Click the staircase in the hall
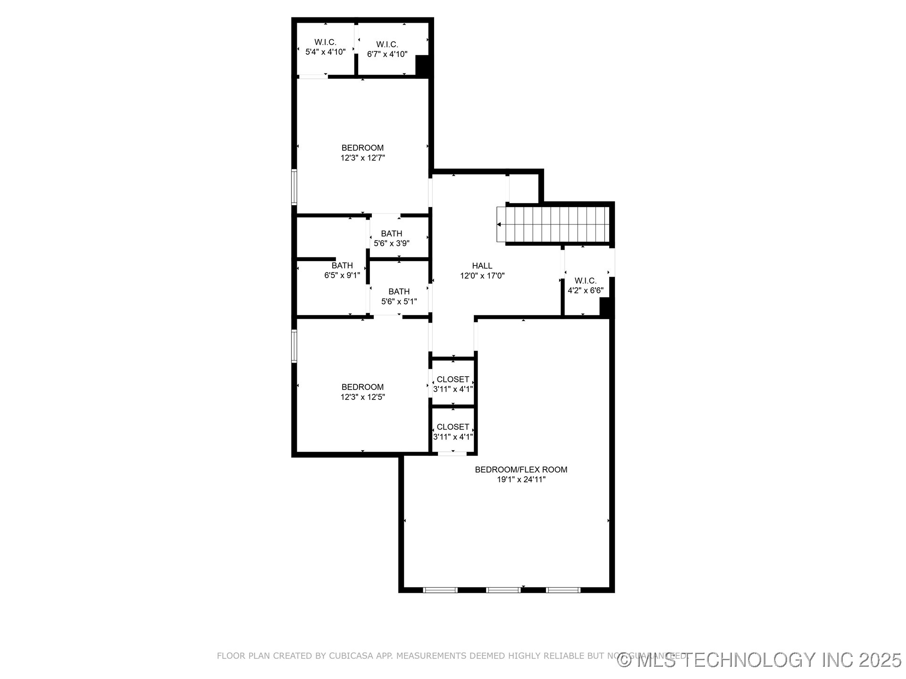point(557,225)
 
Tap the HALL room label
point(482,266)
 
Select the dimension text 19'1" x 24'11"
point(521,480)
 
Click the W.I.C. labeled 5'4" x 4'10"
point(325,47)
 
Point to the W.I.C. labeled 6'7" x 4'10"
point(387,49)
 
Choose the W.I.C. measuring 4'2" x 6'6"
point(585,286)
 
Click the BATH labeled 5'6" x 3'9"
point(391,239)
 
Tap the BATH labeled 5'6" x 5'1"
point(399,297)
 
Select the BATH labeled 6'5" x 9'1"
point(342,270)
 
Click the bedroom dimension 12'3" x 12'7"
point(362,158)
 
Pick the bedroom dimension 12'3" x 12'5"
point(362,397)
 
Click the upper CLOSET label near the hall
point(453,380)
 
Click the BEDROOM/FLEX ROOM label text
point(521,470)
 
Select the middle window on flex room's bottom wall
point(503,590)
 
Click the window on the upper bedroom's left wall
point(294,187)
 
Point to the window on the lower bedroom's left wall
point(294,346)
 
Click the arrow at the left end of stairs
point(499,225)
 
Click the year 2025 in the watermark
point(880,660)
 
